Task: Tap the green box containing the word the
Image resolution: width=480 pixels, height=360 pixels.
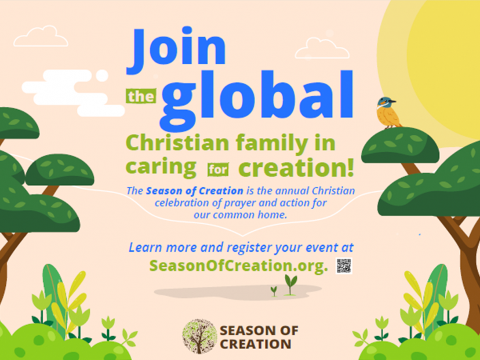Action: [141, 96]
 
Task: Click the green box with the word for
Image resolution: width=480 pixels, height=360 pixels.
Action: [217, 169]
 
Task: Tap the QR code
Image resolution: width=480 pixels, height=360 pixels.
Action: [344, 266]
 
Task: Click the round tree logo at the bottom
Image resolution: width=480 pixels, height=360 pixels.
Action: [199, 336]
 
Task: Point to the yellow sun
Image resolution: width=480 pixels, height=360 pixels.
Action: [441, 64]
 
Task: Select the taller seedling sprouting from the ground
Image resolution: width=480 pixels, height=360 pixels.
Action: [290, 284]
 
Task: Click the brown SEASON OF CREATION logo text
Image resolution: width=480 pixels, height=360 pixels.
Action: [259, 337]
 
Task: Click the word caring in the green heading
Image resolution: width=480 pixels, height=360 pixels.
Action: [161, 168]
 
